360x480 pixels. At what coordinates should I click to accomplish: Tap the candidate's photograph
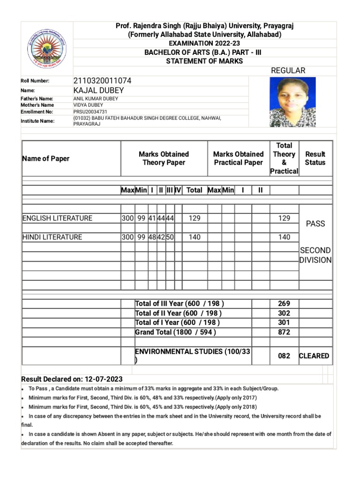coord(292,102)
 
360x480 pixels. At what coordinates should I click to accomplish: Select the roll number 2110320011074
coord(102,81)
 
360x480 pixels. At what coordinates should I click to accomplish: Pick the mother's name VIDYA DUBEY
coord(88,105)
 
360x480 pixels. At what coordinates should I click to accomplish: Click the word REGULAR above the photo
coord(288,70)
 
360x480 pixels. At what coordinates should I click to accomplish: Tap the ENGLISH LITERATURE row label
coord(57,218)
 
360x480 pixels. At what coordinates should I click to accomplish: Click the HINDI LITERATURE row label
coord(52,237)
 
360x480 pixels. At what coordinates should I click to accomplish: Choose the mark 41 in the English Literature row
coord(152,218)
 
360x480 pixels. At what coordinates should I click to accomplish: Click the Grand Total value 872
coord(284,332)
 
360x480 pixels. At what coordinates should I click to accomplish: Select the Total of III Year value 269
coord(284,303)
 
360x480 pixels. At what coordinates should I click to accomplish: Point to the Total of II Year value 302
coord(284,313)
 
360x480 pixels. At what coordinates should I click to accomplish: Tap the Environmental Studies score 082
coord(284,356)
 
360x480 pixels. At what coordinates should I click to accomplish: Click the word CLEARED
coord(315,356)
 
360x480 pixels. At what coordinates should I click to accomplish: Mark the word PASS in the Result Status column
coord(315,224)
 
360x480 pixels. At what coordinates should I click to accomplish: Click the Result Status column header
coord(315,158)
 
